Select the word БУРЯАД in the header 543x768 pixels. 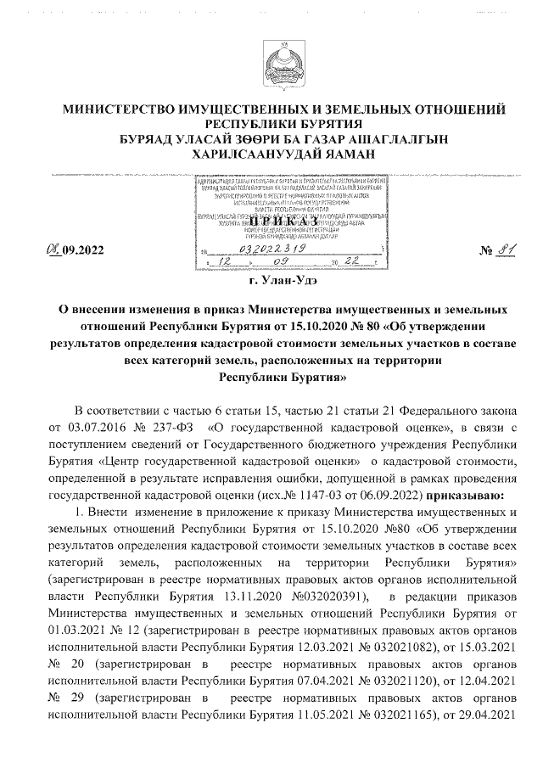click(x=148, y=140)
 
